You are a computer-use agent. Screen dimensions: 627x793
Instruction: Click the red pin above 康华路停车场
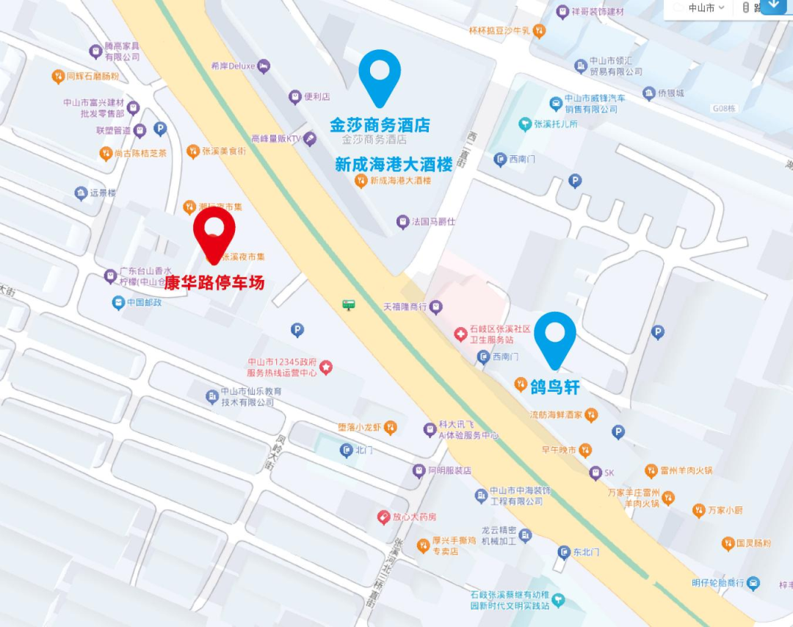click(x=214, y=230)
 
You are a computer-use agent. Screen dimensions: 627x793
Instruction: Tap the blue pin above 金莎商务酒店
click(x=380, y=74)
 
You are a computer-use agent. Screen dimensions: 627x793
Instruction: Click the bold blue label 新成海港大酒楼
click(x=394, y=165)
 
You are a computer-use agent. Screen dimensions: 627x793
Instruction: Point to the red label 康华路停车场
click(x=214, y=283)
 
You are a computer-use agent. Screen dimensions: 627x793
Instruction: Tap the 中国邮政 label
click(x=144, y=303)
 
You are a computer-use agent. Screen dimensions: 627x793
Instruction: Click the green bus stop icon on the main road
click(x=349, y=304)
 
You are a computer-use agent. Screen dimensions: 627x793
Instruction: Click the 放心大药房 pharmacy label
click(x=414, y=517)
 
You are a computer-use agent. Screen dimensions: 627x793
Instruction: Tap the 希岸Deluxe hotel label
click(x=233, y=66)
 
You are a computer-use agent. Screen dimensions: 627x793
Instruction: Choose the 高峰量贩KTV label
click(x=276, y=138)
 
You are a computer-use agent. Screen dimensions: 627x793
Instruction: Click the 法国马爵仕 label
click(x=433, y=221)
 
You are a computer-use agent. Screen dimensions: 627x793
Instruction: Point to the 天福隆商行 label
click(x=405, y=306)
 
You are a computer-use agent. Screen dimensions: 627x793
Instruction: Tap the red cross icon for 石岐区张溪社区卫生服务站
click(x=460, y=334)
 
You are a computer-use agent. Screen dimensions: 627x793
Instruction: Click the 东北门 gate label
click(x=587, y=552)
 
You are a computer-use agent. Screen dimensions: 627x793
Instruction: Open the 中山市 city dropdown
click(x=706, y=8)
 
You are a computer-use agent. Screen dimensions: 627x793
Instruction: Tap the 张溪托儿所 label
click(x=556, y=124)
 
